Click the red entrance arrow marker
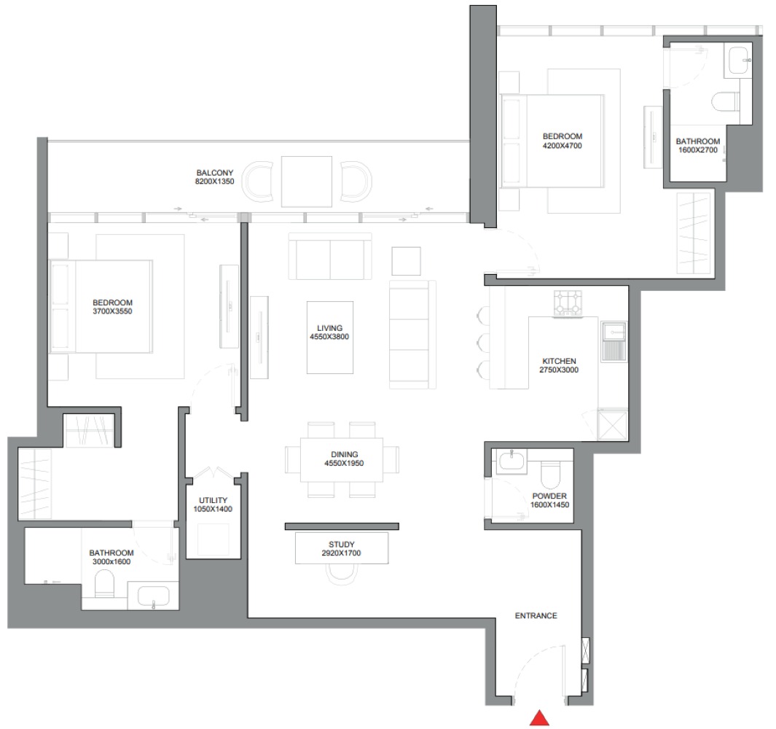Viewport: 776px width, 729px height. pos(539,718)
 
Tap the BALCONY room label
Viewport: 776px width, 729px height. pos(213,173)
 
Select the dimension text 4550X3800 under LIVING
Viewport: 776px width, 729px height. pos(329,338)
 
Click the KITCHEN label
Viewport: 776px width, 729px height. pos(559,361)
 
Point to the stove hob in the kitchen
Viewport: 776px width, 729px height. pos(570,303)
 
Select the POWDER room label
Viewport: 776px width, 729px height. pos(549,496)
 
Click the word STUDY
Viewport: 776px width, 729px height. pos(341,544)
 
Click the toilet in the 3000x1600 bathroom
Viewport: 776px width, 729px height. pos(105,583)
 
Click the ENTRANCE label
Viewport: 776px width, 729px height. pos(536,616)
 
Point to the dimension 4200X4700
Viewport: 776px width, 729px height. pos(563,146)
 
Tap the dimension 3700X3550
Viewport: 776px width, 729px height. pos(112,311)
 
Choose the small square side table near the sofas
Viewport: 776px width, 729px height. pos(406,261)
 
